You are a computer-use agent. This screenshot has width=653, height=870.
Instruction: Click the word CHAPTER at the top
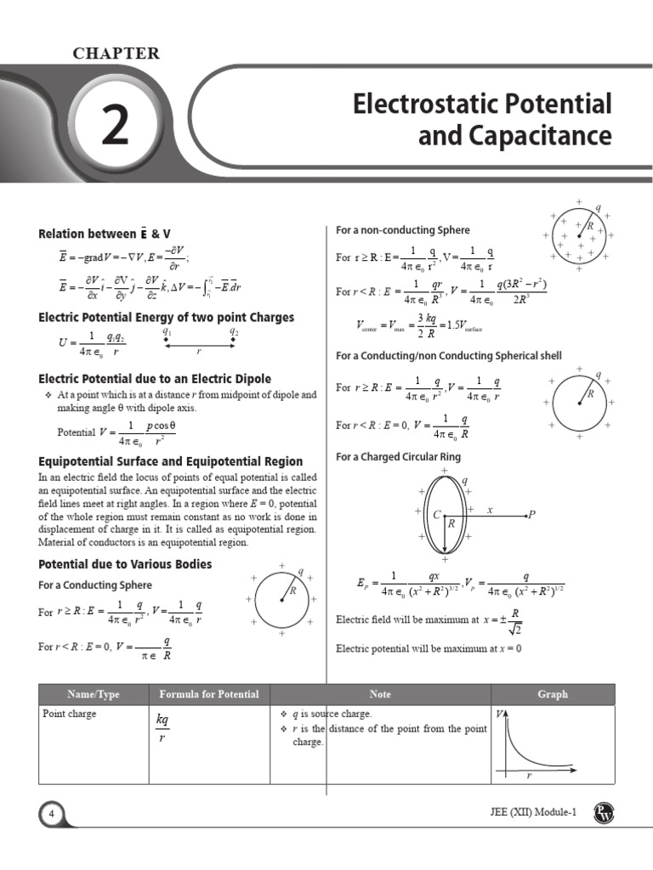[116, 54]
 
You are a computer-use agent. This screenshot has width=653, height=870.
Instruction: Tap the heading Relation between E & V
[111, 234]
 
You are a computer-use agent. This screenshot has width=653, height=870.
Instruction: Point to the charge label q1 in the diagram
[168, 333]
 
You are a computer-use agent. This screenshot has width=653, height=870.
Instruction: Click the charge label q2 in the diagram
[234, 333]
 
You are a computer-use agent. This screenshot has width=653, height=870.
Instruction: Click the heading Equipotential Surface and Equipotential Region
[171, 461]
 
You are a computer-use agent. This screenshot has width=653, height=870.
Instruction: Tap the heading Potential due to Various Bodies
[126, 564]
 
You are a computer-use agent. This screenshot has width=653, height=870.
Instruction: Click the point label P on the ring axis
[531, 514]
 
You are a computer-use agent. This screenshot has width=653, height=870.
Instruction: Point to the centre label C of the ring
[436, 515]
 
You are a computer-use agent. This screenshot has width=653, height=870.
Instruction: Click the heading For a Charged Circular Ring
[398, 457]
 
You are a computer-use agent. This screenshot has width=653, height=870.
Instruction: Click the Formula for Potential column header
[209, 694]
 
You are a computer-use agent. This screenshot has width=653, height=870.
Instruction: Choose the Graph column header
[552, 694]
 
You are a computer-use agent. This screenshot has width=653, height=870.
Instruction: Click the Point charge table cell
[70, 714]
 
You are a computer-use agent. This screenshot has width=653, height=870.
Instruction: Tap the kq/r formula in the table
[163, 728]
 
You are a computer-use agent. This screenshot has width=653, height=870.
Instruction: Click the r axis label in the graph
[529, 777]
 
